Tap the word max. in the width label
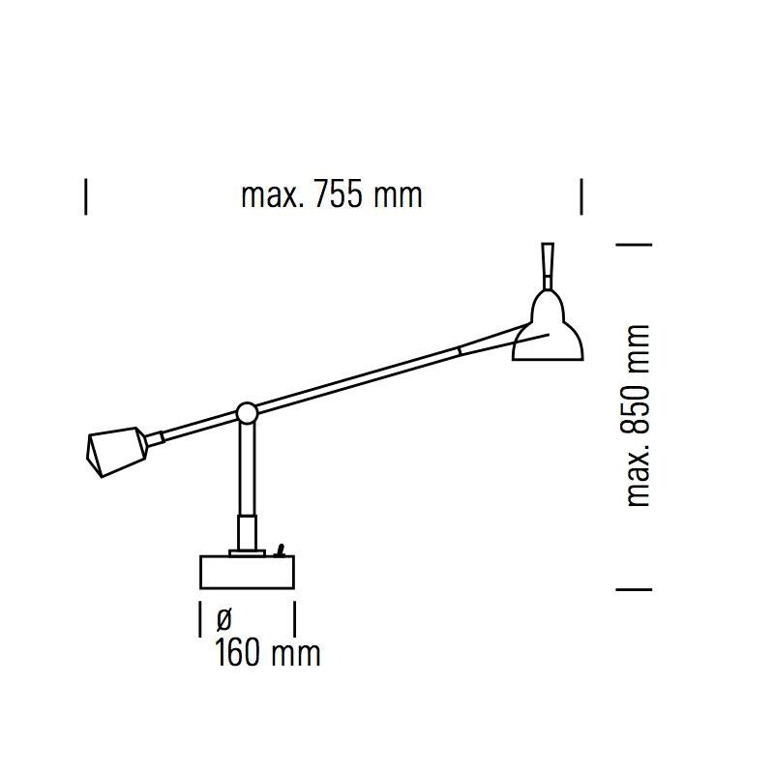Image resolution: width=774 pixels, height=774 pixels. (x=273, y=195)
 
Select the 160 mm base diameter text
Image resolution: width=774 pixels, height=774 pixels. (x=267, y=653)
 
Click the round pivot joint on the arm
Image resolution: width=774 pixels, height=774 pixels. (x=247, y=413)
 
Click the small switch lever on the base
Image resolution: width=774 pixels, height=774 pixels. (x=281, y=550)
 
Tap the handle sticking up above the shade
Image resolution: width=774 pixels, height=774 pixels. (x=549, y=263)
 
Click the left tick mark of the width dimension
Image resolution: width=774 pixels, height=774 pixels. (x=86, y=195)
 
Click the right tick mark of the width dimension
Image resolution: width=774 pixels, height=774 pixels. (x=581, y=195)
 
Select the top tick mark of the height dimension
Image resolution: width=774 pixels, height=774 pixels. (x=634, y=244)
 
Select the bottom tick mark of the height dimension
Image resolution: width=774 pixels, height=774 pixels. (x=634, y=588)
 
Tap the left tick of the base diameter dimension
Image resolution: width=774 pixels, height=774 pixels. (x=199, y=617)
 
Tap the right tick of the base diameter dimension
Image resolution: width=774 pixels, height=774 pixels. (x=294, y=617)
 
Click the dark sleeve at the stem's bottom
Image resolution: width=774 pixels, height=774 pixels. (x=248, y=532)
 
